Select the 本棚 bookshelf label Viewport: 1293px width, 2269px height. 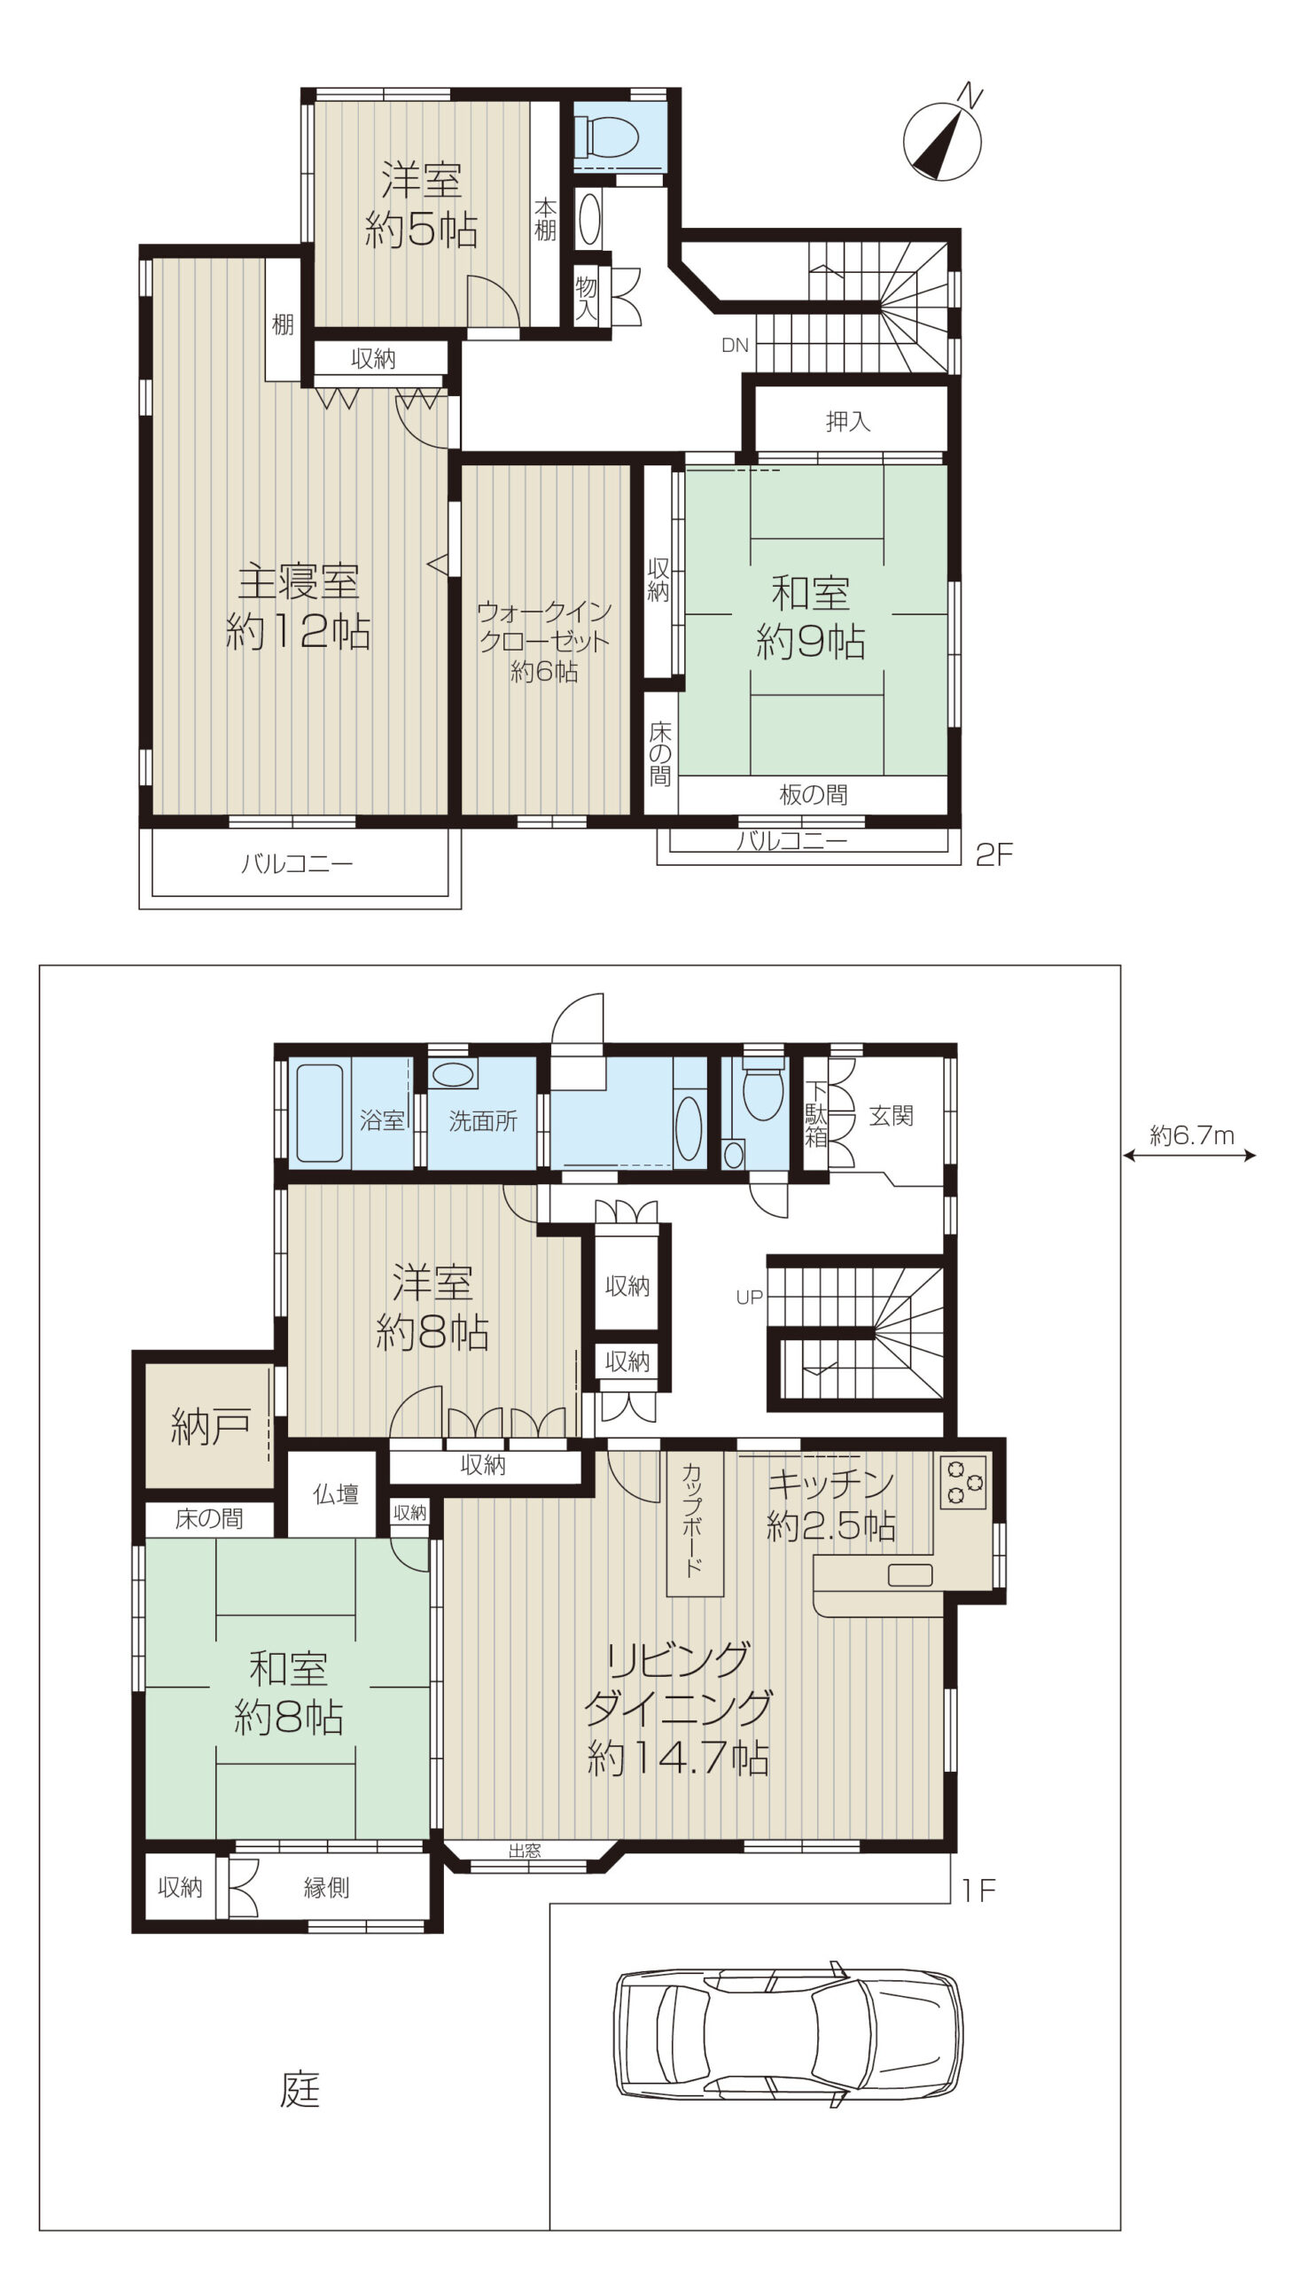click(545, 219)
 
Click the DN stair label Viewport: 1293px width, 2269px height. click(735, 346)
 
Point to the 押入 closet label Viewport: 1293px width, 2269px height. click(847, 421)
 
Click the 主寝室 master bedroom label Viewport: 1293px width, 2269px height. click(299, 582)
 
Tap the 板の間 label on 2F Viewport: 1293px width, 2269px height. click(813, 795)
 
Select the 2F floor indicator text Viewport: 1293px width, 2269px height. click(993, 855)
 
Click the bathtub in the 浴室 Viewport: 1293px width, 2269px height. click(320, 1112)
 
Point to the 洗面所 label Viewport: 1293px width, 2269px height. click(482, 1120)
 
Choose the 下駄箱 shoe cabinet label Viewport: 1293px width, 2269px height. click(815, 1113)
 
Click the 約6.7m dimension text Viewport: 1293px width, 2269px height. click(1192, 1135)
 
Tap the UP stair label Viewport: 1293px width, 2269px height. click(749, 1298)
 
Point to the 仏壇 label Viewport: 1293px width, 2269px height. click(336, 1494)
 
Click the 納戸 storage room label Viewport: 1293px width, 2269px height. click(209, 1426)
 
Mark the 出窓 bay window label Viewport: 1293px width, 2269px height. click(525, 1851)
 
